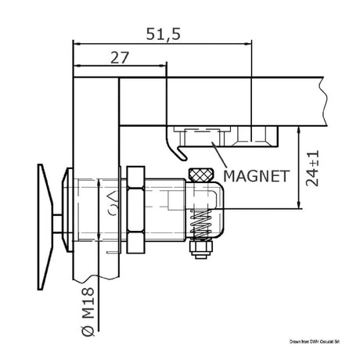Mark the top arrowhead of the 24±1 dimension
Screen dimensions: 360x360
(x=301, y=128)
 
